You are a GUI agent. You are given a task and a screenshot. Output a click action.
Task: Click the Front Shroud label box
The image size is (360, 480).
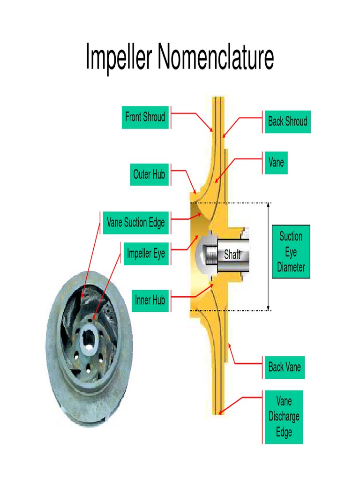tap(145, 117)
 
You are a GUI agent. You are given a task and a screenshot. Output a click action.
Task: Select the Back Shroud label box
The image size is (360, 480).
tap(287, 121)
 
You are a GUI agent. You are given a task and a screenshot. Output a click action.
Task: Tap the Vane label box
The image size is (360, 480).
tap(276, 163)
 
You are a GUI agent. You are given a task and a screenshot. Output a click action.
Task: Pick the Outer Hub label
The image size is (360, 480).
tap(149, 174)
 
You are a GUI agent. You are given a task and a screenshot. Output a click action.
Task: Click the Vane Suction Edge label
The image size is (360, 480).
tap(135, 222)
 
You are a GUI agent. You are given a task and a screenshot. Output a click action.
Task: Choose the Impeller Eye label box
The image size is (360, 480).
tap(146, 254)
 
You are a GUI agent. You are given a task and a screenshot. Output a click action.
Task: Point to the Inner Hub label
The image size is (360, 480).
tap(150, 300)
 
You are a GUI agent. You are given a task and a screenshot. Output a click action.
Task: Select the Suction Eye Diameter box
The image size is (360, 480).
tap(291, 252)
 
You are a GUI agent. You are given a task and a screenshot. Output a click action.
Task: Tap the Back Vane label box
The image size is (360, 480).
tap(284, 367)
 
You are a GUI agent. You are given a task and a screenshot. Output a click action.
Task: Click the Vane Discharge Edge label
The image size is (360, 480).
tap(284, 417)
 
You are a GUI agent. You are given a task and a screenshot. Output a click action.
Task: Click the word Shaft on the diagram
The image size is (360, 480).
tap(232, 255)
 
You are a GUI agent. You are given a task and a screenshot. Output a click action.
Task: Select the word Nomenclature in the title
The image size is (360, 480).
tap(216, 58)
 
